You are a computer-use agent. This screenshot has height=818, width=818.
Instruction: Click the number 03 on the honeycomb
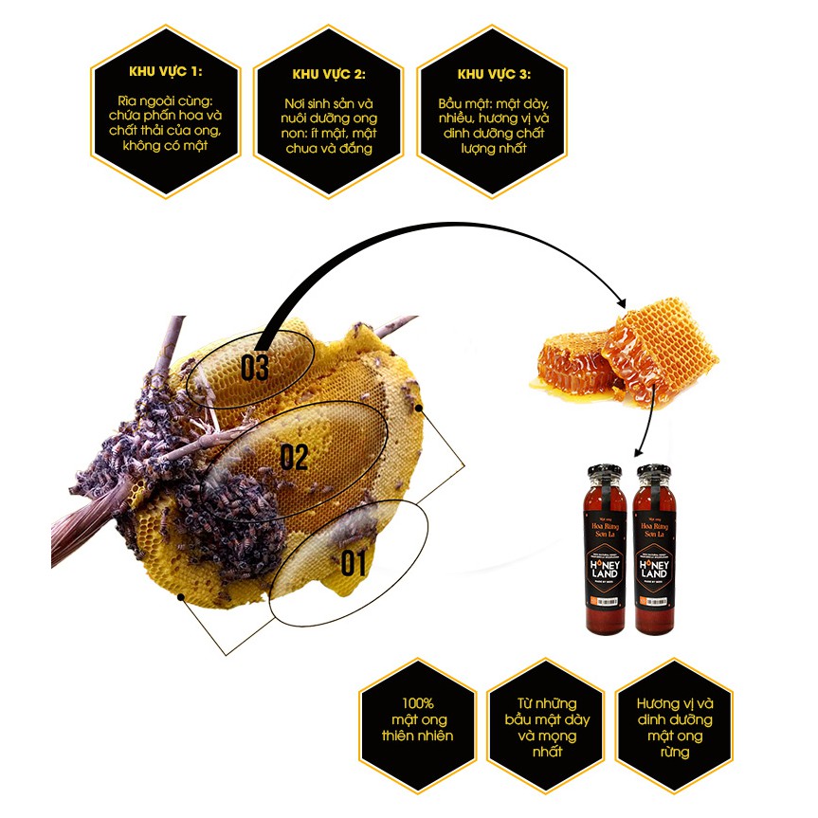click(x=254, y=368)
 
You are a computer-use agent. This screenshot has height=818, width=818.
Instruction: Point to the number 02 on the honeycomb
click(x=294, y=458)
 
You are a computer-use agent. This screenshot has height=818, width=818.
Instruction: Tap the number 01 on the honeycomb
click(x=352, y=564)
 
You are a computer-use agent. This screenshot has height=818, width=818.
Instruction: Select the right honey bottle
click(x=656, y=550)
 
